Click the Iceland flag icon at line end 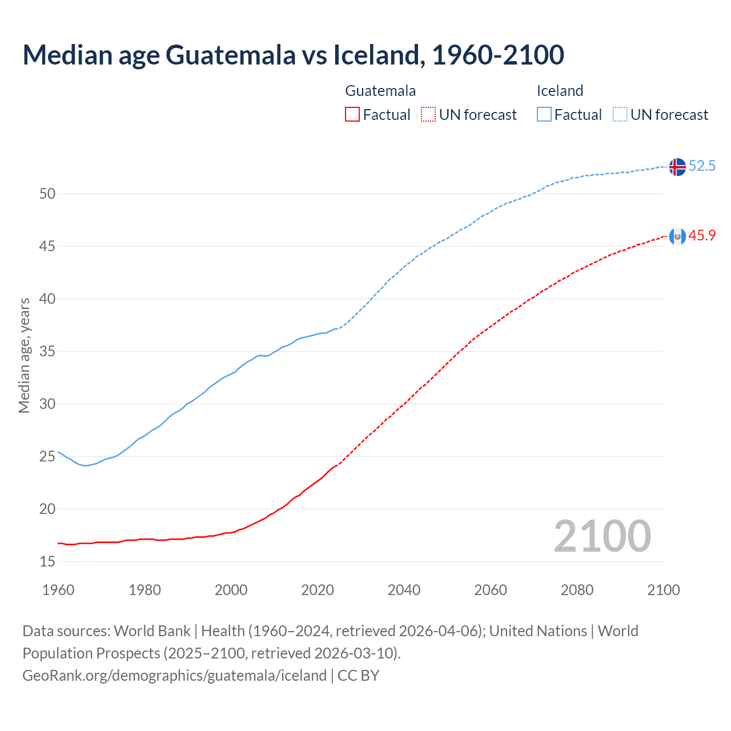(677, 167)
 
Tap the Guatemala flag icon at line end (677, 236)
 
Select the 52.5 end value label (702, 166)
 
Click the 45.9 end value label (702, 235)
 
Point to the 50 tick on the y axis (47, 194)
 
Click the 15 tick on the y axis (47, 561)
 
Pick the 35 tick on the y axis (47, 351)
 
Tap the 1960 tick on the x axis (58, 590)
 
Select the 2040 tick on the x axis (404, 590)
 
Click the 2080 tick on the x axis (577, 590)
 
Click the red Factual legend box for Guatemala (352, 115)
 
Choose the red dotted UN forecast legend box (428, 115)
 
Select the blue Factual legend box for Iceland (544, 115)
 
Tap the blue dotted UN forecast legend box (620, 115)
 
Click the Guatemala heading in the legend (380, 91)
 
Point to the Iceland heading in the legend (560, 91)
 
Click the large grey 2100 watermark (602, 536)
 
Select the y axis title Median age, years (24, 355)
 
